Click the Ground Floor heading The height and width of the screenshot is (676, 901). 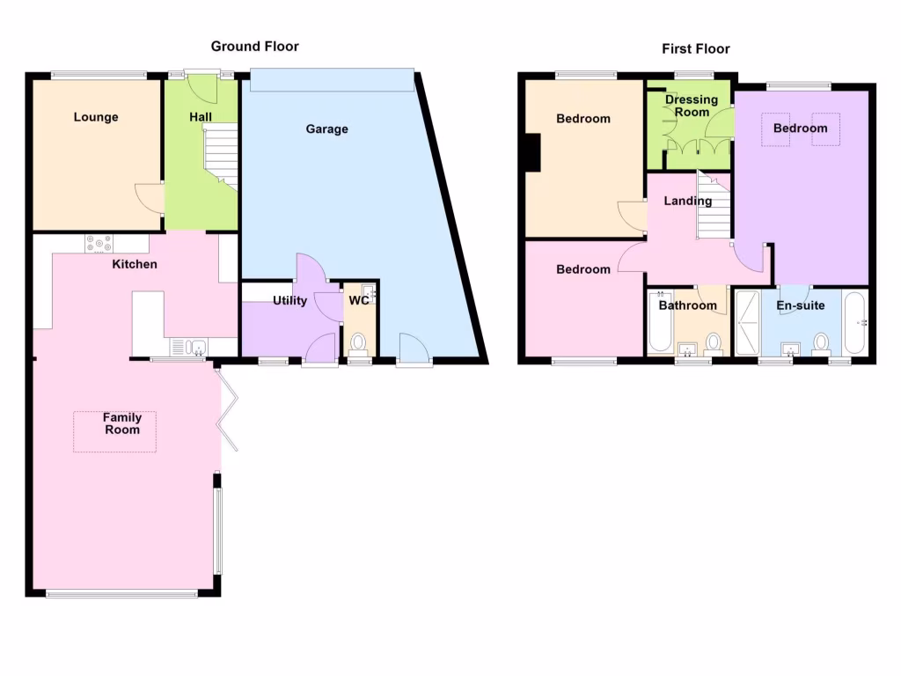tap(254, 46)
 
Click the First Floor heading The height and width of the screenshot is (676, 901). tap(696, 49)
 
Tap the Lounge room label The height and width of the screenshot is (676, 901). tap(96, 117)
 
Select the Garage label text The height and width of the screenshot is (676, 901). tap(326, 129)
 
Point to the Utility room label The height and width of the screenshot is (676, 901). tap(289, 301)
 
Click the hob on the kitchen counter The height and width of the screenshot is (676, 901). tap(99, 244)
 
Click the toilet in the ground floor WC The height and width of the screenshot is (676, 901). tap(358, 342)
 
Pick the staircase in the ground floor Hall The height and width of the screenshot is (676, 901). tap(221, 155)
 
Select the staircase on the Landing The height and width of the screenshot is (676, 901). tap(714, 207)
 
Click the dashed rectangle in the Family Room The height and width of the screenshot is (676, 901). tap(114, 432)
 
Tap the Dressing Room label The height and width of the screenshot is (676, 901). tap(691, 106)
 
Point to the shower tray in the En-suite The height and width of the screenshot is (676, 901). tap(747, 322)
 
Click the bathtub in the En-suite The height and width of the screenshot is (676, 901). tap(854, 322)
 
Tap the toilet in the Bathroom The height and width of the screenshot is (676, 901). tap(713, 342)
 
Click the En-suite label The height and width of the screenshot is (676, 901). tap(800, 306)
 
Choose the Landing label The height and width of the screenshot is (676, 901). tap(687, 201)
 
